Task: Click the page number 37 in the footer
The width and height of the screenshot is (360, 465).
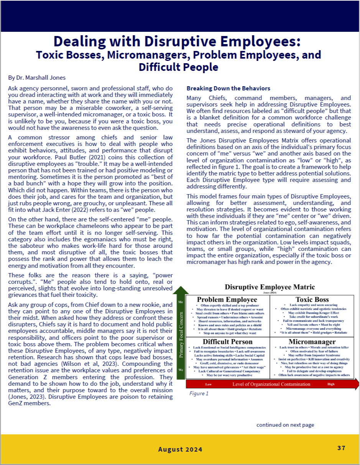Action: [341, 448]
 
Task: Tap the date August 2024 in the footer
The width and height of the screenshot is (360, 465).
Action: [180, 449]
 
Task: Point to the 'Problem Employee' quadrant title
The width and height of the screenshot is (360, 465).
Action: [227, 300]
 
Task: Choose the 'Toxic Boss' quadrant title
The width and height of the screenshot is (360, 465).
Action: [312, 300]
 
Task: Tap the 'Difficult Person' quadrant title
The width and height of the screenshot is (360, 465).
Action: [228, 342]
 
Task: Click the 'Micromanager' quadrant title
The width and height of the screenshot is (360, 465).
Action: [312, 342]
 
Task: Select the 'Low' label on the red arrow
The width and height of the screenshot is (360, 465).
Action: [209, 384]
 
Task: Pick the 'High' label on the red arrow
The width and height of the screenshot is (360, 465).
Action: [331, 384]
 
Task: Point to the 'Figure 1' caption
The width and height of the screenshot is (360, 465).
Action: [199, 393]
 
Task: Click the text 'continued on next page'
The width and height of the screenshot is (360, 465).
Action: [285, 425]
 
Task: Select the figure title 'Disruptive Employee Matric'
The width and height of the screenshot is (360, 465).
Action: [270, 287]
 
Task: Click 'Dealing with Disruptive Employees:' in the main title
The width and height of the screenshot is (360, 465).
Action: [177, 41]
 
